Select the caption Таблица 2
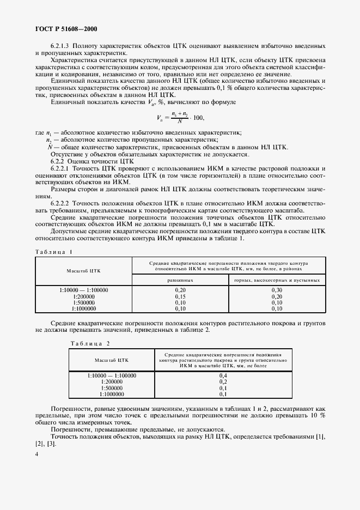tap(90, 343)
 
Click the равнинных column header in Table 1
tap(180, 280)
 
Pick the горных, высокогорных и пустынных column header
tap(277, 280)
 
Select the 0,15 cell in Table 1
tap(180, 296)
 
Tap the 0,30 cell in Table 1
tap(277, 290)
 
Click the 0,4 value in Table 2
tap(222, 376)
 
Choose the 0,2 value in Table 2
tap(222, 382)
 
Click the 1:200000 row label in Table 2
tap(112, 382)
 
